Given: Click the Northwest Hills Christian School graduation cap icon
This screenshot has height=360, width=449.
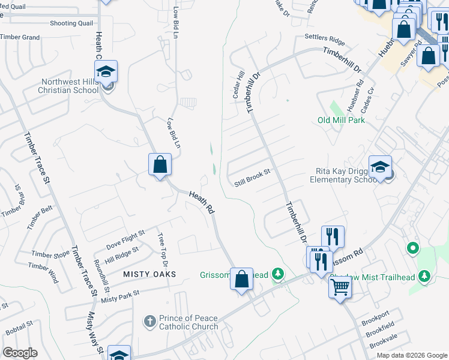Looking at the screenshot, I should [x=106, y=73].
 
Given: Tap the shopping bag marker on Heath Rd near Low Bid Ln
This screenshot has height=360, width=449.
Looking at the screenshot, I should [x=160, y=165].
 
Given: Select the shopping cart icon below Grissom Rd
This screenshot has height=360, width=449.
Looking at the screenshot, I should [x=340, y=287].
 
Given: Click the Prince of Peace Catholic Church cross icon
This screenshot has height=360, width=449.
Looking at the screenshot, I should [x=150, y=321].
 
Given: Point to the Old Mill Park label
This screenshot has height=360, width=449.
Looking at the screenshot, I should [x=341, y=120].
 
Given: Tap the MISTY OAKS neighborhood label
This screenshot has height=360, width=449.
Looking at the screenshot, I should [x=149, y=274].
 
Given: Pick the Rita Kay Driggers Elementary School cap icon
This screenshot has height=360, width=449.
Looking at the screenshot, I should [x=380, y=167].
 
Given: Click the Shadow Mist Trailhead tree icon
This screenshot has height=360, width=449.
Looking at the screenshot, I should [x=425, y=275].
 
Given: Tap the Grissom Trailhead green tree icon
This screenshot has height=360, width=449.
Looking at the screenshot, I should [x=277, y=275].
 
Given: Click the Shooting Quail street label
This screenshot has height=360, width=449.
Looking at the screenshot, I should [x=71, y=23].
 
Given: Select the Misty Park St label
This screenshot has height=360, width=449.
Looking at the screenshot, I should [x=120, y=296].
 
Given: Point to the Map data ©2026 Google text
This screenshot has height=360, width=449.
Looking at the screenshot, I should [x=411, y=355].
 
